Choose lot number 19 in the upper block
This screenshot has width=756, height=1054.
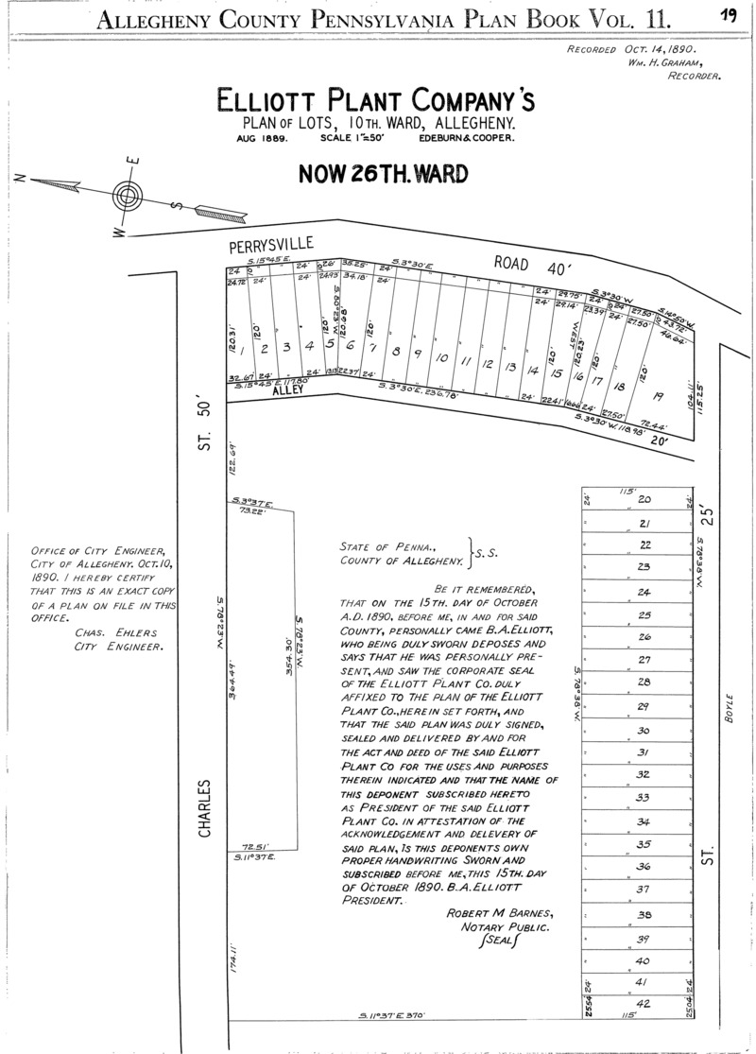[658, 396]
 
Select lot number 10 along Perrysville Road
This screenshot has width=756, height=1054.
[440, 358]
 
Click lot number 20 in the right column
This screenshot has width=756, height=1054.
[645, 499]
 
